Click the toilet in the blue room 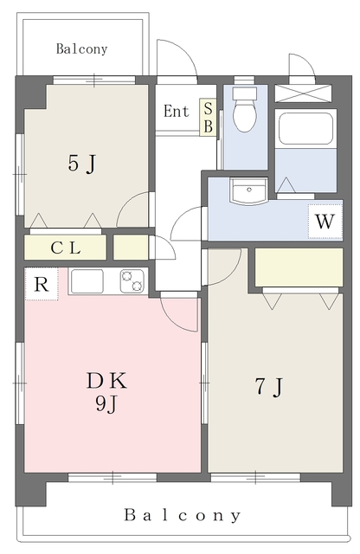pyautogui.click(x=245, y=110)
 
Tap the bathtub pyautogui.click(x=306, y=129)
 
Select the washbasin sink pyautogui.click(x=248, y=190)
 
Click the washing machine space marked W pyautogui.click(x=325, y=222)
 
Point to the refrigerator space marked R pyautogui.click(x=42, y=284)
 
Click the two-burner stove pyautogui.click(x=132, y=281)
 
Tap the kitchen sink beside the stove pyautogui.click(x=87, y=281)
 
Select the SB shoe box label pyautogui.click(x=209, y=117)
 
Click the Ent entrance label pyautogui.click(x=177, y=112)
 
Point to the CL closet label pyautogui.click(x=66, y=248)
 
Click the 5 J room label pyautogui.click(x=81, y=164)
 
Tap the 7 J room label pyautogui.click(x=269, y=387)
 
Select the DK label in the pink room pyautogui.click(x=106, y=381)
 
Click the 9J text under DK pyautogui.click(x=106, y=403)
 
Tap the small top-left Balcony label pyautogui.click(x=81, y=48)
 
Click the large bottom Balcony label pyautogui.click(x=183, y=515)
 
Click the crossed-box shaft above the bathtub pyautogui.click(x=304, y=93)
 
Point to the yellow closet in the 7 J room pyautogui.click(x=299, y=267)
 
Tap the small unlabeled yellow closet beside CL pyautogui.click(x=131, y=248)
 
